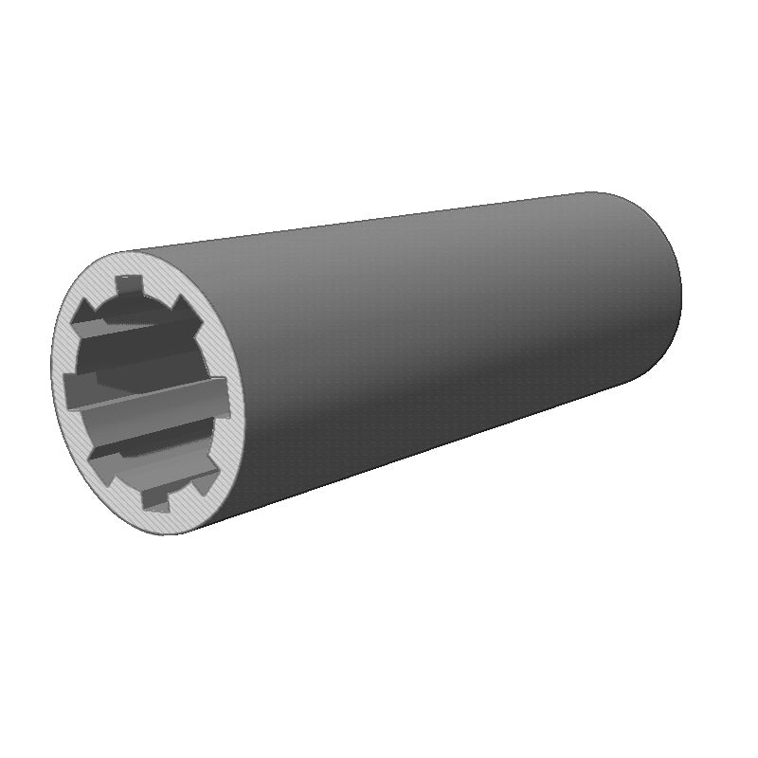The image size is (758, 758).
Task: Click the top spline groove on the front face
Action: (127, 282)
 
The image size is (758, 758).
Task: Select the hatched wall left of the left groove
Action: (57, 387)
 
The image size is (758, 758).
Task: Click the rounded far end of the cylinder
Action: (663, 284)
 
